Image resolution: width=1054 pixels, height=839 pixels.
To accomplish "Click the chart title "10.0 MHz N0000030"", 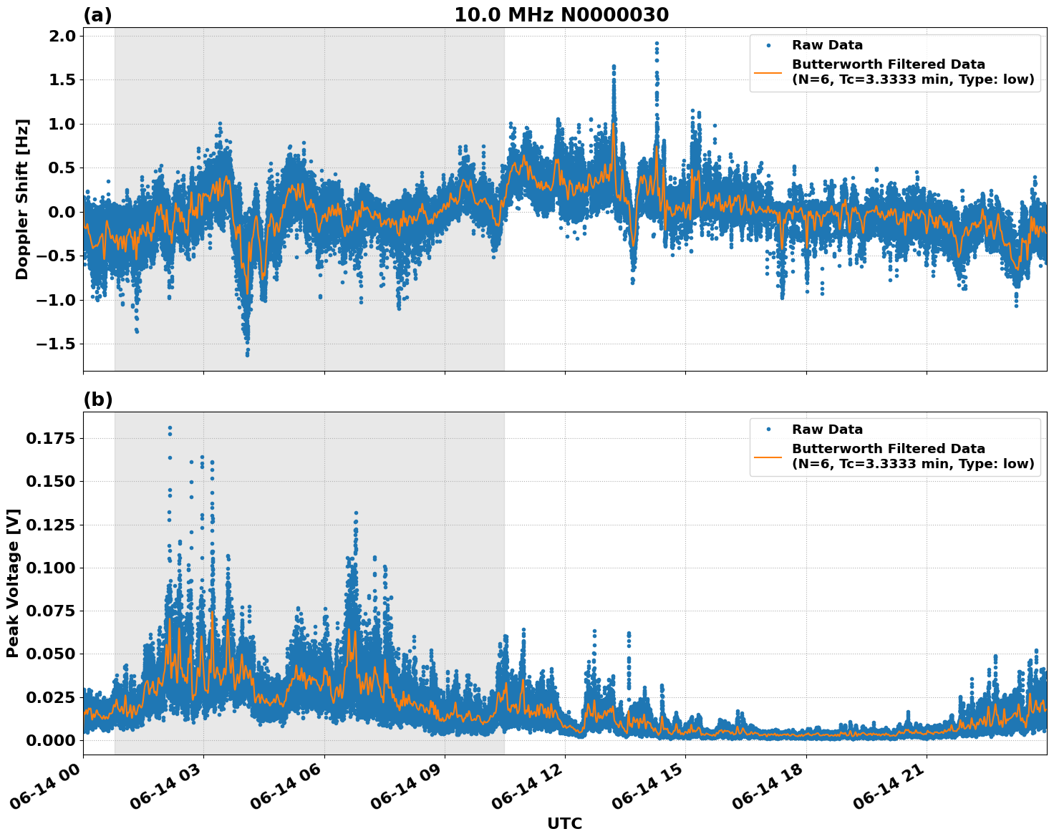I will (x=561, y=15).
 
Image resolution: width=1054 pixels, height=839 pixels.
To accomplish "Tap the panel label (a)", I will (x=97, y=15).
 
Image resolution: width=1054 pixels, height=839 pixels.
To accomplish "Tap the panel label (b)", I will (x=97, y=399).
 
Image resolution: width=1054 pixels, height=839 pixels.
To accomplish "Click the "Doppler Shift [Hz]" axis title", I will (x=22, y=199).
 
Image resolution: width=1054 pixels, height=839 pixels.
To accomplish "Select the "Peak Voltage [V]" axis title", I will (x=13, y=583).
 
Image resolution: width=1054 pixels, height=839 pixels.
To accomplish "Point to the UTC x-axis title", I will (x=564, y=823).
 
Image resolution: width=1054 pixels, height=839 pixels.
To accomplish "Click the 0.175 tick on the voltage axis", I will (x=50, y=438).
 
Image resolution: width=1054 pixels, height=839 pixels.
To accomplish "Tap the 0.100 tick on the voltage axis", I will (x=50, y=568).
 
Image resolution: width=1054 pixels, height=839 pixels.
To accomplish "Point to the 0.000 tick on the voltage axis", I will (x=50, y=740).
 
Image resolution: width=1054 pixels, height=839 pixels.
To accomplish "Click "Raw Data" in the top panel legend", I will (x=827, y=45).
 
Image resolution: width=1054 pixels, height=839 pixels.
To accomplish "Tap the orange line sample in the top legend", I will (x=768, y=72).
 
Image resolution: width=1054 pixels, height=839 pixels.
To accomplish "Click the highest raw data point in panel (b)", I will (x=170, y=428).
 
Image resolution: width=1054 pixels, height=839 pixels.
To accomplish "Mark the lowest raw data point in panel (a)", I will (x=247, y=355).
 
